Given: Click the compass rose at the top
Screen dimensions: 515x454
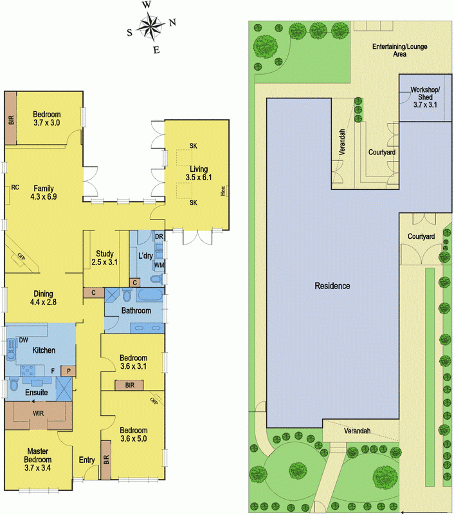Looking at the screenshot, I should pyautogui.click(x=151, y=27).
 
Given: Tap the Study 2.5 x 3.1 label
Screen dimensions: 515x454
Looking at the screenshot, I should pyautogui.click(x=104, y=257).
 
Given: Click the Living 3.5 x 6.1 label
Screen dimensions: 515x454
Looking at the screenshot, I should pyautogui.click(x=198, y=173).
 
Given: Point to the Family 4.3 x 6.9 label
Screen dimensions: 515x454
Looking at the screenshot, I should pyautogui.click(x=44, y=192).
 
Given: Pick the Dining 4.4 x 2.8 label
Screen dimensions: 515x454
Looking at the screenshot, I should pyautogui.click(x=44, y=298).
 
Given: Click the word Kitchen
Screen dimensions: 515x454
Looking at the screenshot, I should pyautogui.click(x=44, y=350).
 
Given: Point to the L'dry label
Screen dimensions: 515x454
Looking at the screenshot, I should pyautogui.click(x=145, y=256).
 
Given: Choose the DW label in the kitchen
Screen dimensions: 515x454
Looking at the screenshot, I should pyautogui.click(x=23, y=339).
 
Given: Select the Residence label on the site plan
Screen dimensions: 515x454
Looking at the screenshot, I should pyautogui.click(x=332, y=285).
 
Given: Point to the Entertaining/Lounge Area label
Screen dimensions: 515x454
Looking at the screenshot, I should pyautogui.click(x=399, y=51).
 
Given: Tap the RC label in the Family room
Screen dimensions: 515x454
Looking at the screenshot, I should pyautogui.click(x=15, y=187).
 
